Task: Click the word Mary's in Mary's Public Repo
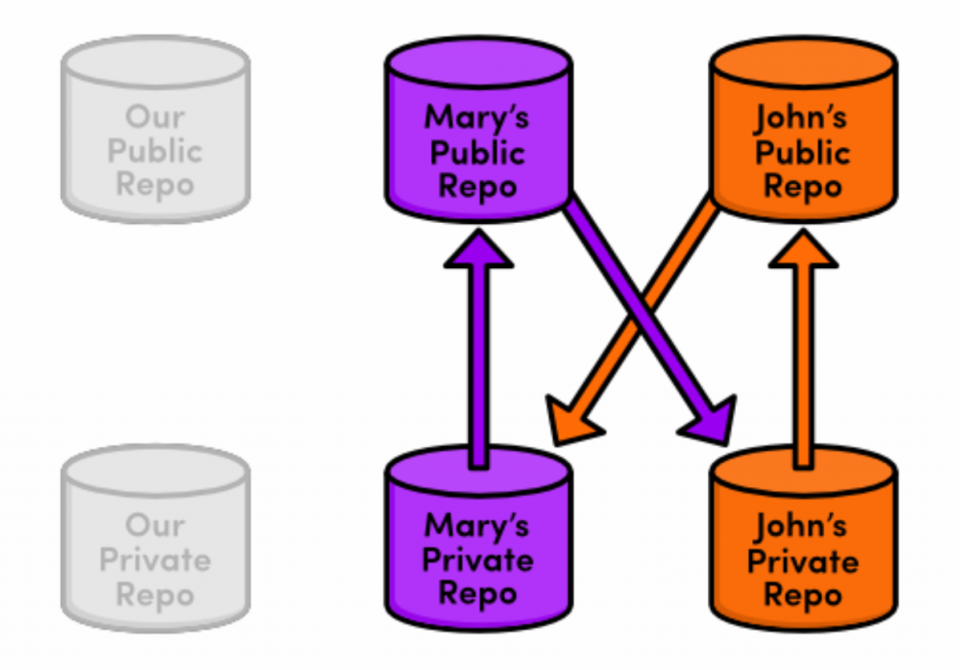point(477,117)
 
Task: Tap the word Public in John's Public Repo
point(802,152)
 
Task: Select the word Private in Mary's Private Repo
point(477,559)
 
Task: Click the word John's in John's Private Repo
point(802,528)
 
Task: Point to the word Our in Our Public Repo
point(155,117)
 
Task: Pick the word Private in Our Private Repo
point(155,559)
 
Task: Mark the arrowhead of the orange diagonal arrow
point(566,421)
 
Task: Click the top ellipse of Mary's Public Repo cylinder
point(478,62)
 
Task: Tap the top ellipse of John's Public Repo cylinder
point(802,62)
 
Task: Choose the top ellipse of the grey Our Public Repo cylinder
point(155,62)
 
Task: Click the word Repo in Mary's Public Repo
point(477,186)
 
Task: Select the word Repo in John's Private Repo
point(802,595)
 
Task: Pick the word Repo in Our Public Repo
point(155,185)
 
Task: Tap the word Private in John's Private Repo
point(802,561)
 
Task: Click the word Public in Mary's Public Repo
point(477,152)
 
